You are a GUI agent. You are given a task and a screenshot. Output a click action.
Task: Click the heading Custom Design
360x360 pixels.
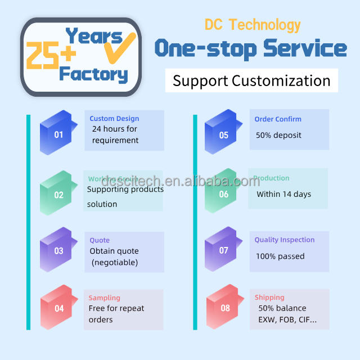point(114,119)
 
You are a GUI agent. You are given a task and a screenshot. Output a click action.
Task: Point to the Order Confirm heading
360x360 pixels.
point(278,119)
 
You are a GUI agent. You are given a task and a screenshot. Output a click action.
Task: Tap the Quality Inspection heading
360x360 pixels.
point(284,240)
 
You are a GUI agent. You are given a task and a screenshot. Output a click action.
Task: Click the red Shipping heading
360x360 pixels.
point(269,297)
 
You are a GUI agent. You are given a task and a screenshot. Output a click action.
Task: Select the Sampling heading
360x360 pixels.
point(104,298)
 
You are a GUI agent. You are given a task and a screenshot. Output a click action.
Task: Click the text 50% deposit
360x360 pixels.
point(278,135)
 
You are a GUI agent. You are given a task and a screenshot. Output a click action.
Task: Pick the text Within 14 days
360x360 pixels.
point(283,194)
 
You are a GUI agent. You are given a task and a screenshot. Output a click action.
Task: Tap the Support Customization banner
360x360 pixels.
point(251,80)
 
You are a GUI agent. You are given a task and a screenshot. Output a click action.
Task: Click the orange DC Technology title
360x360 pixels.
point(252,25)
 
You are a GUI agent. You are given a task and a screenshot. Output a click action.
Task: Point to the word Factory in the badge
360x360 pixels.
point(93,74)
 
